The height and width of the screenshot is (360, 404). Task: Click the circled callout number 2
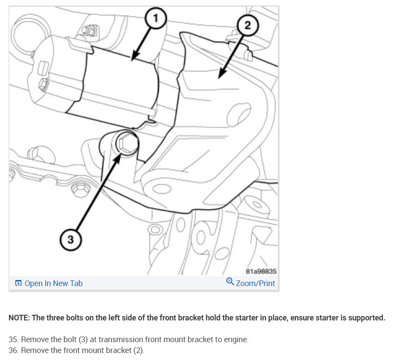point(247,25)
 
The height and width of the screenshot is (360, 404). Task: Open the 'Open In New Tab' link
point(53,283)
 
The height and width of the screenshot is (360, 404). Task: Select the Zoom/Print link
point(255,283)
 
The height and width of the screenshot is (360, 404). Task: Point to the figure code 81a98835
point(261,271)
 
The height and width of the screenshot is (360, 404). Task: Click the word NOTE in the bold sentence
point(19,318)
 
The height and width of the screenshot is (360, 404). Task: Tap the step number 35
point(13,340)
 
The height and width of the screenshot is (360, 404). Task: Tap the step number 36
point(13,350)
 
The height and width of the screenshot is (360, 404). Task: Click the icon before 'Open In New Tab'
point(18,283)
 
